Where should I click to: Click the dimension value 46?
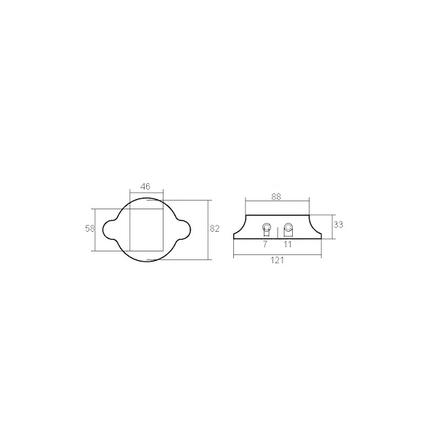pyautogui.click(x=145, y=186)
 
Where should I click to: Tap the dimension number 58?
pyautogui.click(x=90, y=229)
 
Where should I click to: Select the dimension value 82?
pyautogui.click(x=214, y=229)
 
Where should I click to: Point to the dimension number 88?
pyautogui.click(x=276, y=197)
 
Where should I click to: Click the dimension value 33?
pyautogui.click(x=338, y=225)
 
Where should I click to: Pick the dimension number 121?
pyautogui.click(x=278, y=260)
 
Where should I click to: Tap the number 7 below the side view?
pyautogui.click(x=265, y=244)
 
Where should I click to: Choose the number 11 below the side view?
pyautogui.click(x=287, y=244)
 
